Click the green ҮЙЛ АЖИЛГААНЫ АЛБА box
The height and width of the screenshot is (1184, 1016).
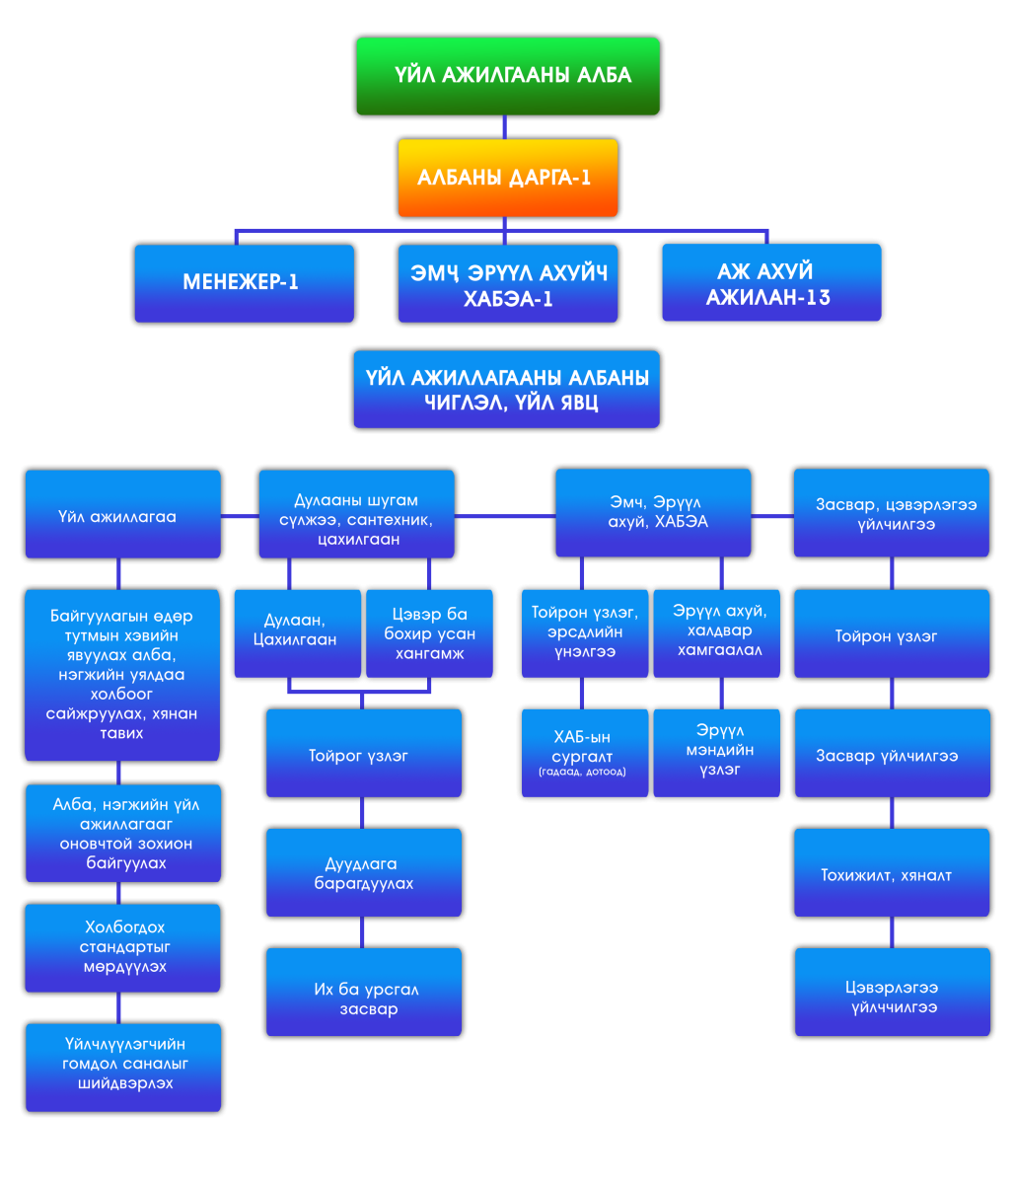(x=507, y=76)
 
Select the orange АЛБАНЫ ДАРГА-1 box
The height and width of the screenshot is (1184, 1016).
(x=507, y=178)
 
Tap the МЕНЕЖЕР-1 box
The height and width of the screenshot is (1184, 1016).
(x=244, y=283)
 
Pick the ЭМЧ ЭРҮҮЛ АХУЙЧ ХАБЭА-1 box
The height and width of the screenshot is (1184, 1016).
(x=507, y=283)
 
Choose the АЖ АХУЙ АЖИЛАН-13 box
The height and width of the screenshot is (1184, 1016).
(x=770, y=283)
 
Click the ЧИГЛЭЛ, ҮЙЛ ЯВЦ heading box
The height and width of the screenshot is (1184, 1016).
(x=506, y=389)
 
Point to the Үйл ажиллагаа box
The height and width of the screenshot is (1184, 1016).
(x=122, y=514)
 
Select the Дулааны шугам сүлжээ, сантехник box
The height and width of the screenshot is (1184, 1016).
(x=356, y=514)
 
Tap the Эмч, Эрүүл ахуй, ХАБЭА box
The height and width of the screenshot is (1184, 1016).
(x=653, y=513)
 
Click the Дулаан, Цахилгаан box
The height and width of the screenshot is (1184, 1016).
(x=297, y=632)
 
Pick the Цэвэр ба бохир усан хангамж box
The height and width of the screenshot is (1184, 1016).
(x=429, y=632)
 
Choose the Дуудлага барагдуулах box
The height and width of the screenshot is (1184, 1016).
(x=363, y=872)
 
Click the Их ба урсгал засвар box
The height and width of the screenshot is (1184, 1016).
(x=363, y=992)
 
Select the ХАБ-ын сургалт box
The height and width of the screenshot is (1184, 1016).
(x=585, y=752)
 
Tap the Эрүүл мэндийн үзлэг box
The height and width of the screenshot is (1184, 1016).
(x=716, y=752)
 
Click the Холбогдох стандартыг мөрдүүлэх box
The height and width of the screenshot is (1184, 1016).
(x=122, y=947)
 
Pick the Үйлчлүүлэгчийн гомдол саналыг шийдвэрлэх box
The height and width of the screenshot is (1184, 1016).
(x=122, y=1067)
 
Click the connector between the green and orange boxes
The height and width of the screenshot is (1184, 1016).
(x=505, y=127)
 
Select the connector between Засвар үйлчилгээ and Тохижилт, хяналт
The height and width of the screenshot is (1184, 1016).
(x=892, y=812)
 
